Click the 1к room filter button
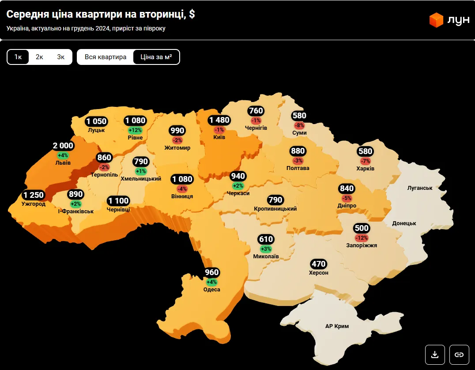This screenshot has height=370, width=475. (x=18, y=57)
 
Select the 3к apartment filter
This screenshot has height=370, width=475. (x=60, y=57)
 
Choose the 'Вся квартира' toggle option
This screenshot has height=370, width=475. (x=106, y=57)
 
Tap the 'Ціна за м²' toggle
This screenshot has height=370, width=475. (x=156, y=57)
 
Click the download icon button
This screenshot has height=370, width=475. (x=435, y=354)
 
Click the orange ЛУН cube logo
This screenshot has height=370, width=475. (x=436, y=20)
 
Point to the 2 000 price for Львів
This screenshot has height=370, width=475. (x=63, y=146)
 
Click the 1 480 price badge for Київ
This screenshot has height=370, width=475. (x=219, y=121)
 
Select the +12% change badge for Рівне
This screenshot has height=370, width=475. (x=135, y=130)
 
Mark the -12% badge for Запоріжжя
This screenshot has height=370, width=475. (x=362, y=238)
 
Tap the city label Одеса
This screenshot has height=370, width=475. (x=212, y=290)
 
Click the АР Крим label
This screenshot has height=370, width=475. (x=337, y=326)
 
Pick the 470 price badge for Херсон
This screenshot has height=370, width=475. (x=318, y=264)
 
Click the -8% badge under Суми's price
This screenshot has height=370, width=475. (x=299, y=125)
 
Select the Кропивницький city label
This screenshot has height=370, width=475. (x=275, y=208)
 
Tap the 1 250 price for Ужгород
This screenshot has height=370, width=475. (x=34, y=195)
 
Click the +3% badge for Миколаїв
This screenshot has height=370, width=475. (x=266, y=249)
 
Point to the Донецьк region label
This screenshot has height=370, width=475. (x=404, y=223)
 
